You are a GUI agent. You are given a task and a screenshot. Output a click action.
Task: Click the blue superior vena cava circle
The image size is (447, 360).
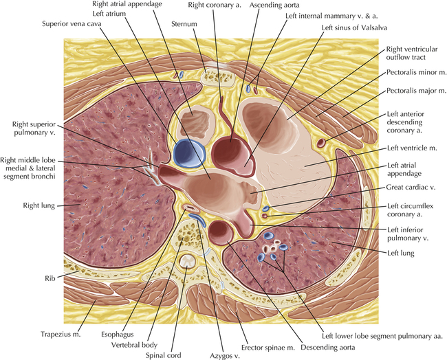(188, 152)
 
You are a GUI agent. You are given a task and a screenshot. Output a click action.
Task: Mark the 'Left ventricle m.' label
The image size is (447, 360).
(415, 148)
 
